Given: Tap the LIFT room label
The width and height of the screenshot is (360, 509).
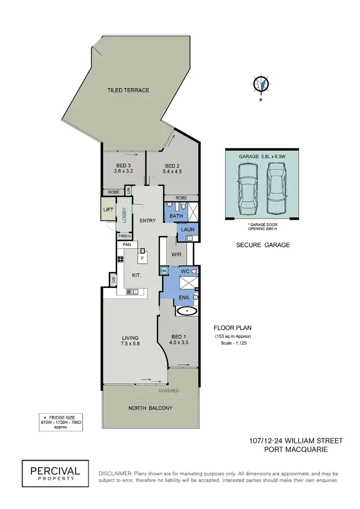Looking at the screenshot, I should (x=108, y=210).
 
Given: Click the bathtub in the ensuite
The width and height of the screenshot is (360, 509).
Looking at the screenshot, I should (x=187, y=311).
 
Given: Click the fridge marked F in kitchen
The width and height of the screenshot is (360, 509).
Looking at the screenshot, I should (x=142, y=258).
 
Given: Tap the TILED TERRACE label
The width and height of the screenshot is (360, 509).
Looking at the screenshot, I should (x=128, y=90).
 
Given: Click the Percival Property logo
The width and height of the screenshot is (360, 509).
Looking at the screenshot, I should (x=55, y=473).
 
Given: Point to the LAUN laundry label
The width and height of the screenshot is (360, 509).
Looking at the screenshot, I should (x=188, y=230).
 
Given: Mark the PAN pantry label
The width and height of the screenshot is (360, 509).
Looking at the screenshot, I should (x=127, y=245).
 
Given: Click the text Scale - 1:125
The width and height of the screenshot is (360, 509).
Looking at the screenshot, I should (x=232, y=344).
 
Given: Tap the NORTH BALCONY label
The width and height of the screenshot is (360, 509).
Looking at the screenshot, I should (x=150, y=408).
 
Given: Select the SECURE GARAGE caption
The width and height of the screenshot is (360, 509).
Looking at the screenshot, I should (x=263, y=245).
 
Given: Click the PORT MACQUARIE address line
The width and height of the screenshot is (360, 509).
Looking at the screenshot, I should (x=296, y=450).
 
